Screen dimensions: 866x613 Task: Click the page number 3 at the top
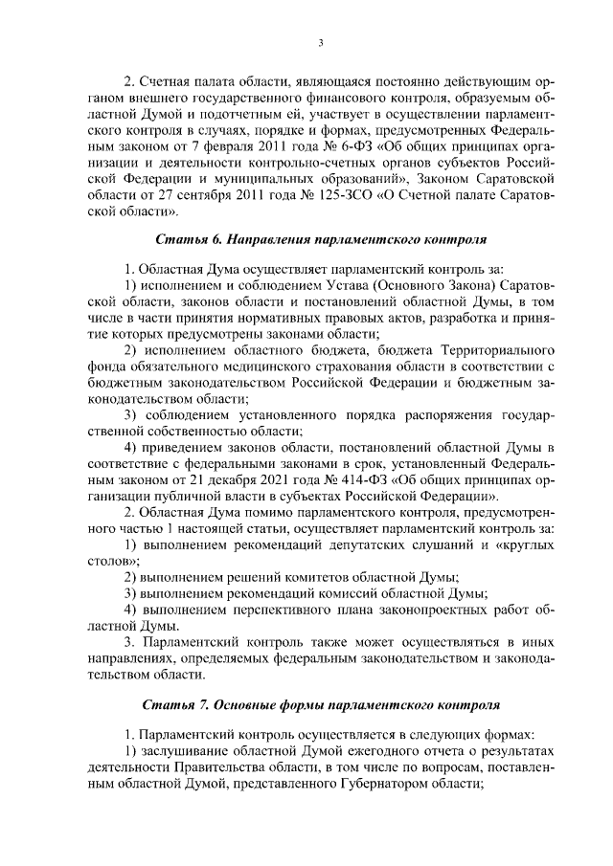322,43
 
